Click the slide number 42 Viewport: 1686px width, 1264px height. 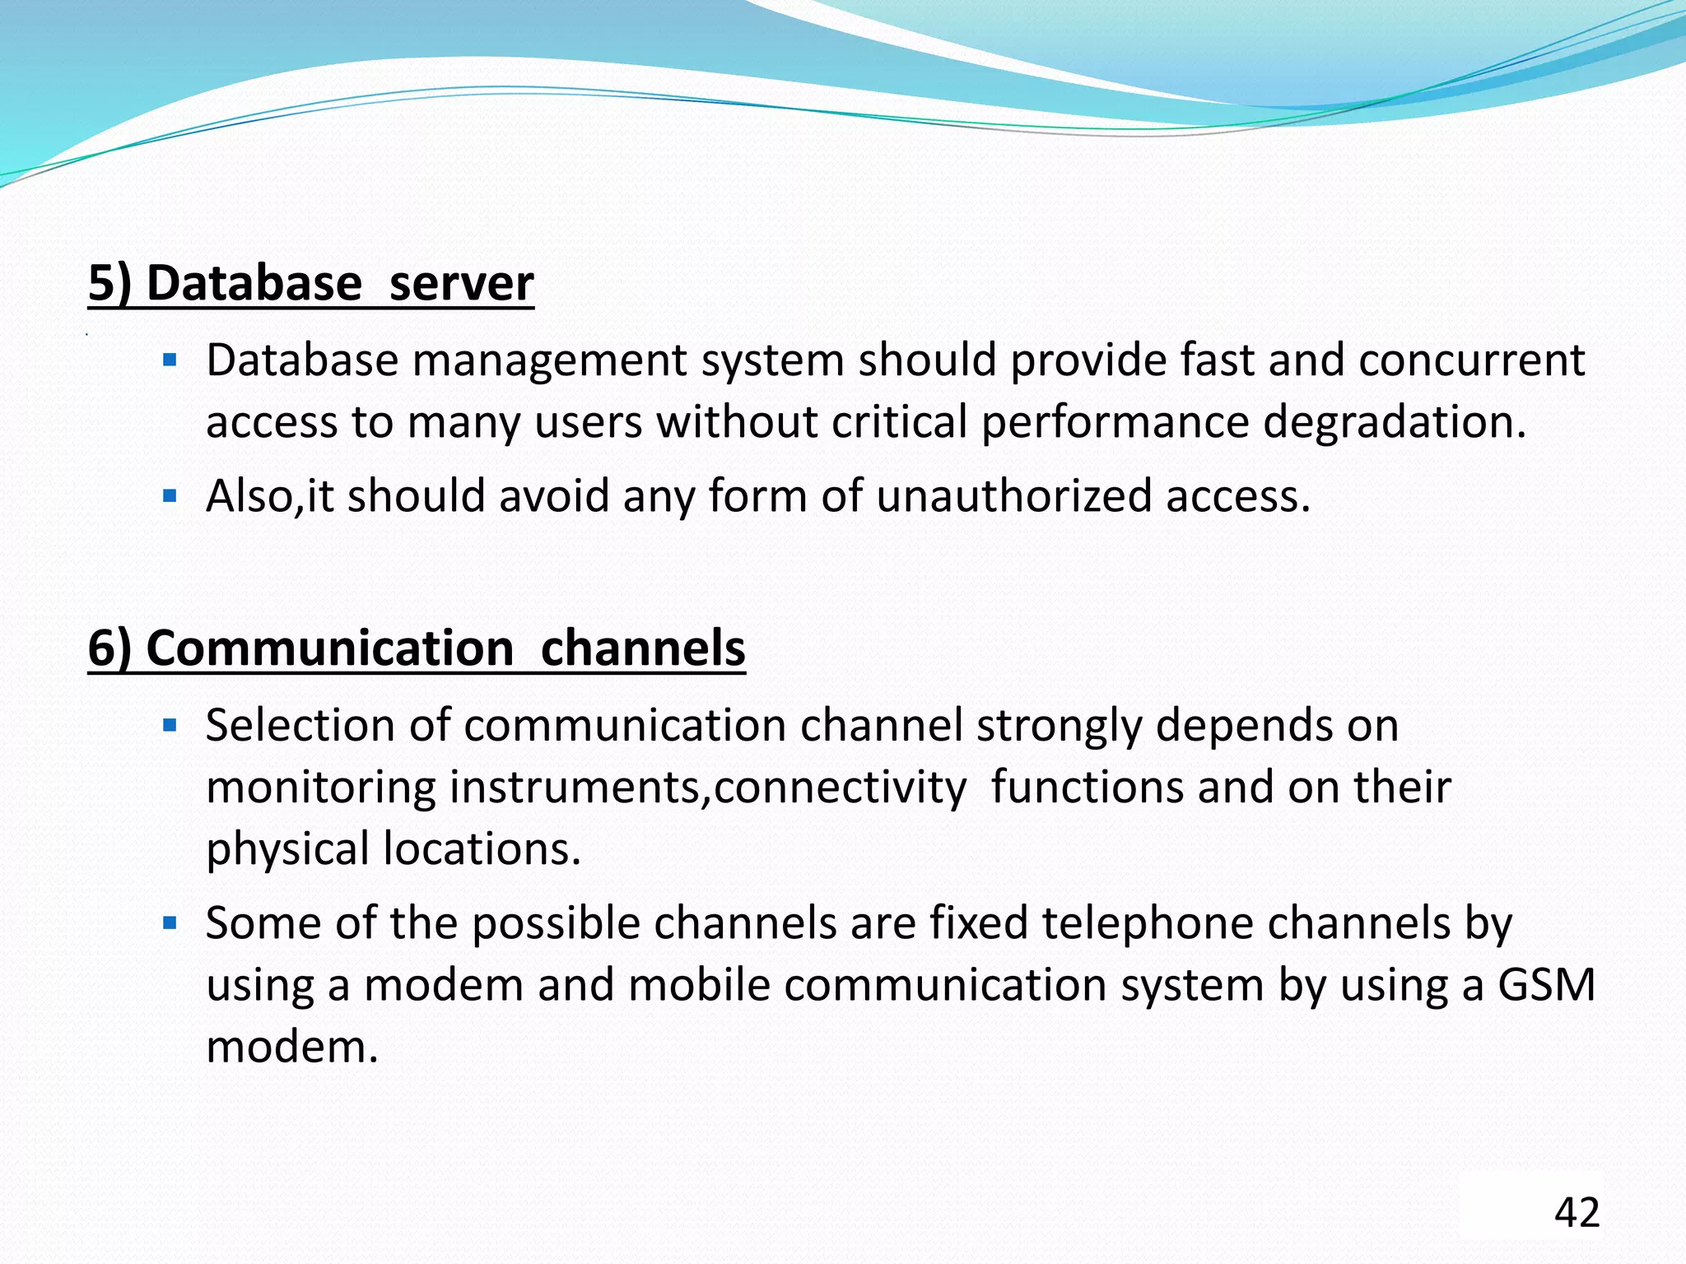(1577, 1212)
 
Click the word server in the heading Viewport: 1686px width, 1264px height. (461, 283)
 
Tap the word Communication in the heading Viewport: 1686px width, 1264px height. (330, 648)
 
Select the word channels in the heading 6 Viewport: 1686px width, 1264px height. (643, 648)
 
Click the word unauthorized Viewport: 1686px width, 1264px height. (1013, 496)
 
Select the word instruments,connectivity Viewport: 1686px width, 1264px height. (707, 788)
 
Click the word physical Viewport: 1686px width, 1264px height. (287, 849)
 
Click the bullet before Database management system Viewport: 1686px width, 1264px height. (170, 360)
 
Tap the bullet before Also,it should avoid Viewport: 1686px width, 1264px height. (170, 496)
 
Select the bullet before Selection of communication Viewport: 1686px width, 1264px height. (170, 726)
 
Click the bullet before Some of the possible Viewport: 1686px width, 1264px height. (170, 923)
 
